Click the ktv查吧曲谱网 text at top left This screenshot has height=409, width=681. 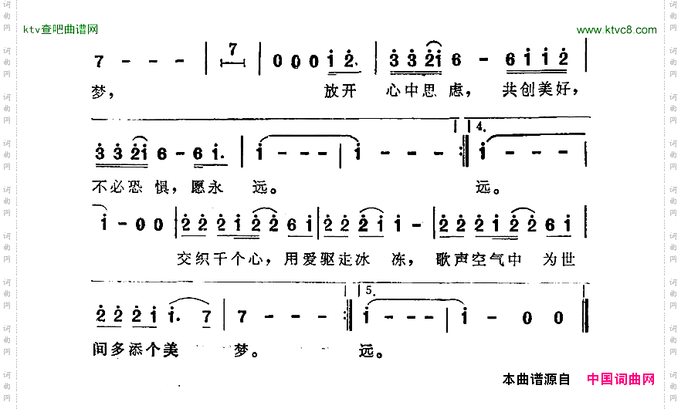(60, 29)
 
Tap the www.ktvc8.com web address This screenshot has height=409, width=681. (616, 30)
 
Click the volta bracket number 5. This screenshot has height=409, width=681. (368, 291)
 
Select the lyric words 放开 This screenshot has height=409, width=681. (340, 91)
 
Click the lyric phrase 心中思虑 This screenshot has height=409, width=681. (425, 91)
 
